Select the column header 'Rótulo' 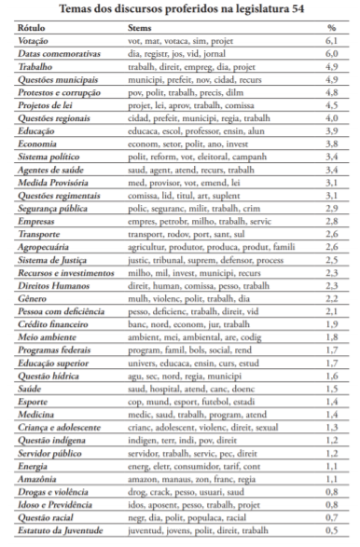[x=33, y=29]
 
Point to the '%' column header [x=331, y=29]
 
